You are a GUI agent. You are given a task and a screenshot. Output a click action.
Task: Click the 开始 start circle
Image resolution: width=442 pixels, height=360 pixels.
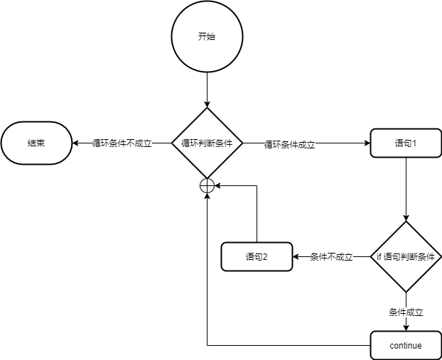(x=206, y=37)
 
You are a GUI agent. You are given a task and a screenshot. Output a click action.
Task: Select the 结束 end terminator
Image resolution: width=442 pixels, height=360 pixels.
(x=36, y=143)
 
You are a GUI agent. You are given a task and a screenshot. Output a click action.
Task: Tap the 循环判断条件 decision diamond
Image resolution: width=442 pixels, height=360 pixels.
(x=207, y=143)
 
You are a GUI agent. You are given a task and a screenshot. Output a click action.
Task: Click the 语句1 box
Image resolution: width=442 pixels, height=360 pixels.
(x=405, y=143)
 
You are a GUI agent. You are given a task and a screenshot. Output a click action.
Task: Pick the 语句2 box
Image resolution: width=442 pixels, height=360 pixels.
(x=256, y=256)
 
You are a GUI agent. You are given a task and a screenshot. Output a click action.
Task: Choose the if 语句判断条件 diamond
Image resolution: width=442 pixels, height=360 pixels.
(x=406, y=256)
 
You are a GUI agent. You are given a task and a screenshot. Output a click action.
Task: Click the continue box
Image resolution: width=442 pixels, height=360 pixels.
(x=406, y=346)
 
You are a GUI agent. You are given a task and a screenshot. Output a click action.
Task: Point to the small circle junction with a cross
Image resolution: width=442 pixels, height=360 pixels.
(x=207, y=185)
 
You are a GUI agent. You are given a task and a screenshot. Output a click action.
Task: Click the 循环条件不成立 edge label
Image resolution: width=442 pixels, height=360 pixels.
(x=122, y=143)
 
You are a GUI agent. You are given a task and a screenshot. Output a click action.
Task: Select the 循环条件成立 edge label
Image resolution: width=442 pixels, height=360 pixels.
(x=289, y=144)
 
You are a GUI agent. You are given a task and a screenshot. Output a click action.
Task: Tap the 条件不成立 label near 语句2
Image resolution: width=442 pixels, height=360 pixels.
(x=332, y=257)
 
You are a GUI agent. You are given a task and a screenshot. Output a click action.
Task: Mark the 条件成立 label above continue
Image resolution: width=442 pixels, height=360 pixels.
(x=406, y=312)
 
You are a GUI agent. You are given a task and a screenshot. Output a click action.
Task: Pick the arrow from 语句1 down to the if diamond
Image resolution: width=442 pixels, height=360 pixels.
(x=406, y=188)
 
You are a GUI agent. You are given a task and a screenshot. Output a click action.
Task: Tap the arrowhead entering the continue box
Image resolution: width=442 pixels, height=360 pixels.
(x=406, y=327)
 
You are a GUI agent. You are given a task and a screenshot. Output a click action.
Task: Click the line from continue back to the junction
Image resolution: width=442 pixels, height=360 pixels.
(x=284, y=346)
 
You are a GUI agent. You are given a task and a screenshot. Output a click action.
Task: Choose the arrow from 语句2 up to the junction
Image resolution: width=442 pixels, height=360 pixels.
(x=256, y=213)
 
